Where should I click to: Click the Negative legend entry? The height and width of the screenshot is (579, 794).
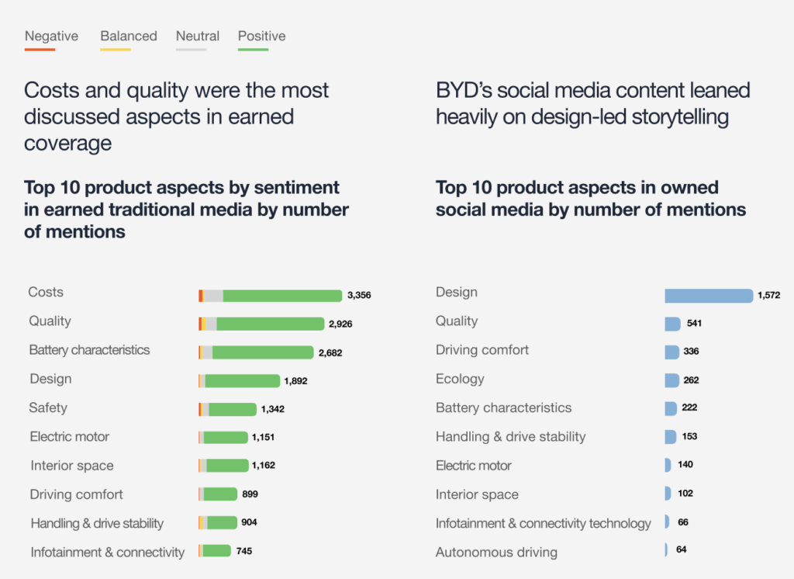coord(51,36)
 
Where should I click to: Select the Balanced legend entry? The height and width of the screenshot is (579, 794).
coord(129,36)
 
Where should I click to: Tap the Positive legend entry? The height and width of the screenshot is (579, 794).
coord(261,36)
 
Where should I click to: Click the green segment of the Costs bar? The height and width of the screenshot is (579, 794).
coord(282,296)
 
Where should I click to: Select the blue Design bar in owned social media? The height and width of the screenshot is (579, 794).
coord(709,296)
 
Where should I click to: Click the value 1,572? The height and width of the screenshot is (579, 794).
coord(768,296)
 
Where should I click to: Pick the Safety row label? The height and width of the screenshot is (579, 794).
coord(48,407)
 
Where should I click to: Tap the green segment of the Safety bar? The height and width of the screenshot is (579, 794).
coord(233,409)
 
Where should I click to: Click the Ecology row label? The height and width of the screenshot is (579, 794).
coord(460,379)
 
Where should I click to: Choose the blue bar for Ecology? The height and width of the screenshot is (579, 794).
coord(671,380)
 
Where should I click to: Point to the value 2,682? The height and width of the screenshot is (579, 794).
coord(330,352)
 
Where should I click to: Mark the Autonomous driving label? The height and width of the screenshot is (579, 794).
coord(496,553)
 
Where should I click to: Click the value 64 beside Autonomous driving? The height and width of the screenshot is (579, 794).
coord(682,550)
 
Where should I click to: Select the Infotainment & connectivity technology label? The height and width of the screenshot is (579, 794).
coord(543,524)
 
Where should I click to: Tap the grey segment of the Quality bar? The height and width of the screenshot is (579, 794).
coord(211,324)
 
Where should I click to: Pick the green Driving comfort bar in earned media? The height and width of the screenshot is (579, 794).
coord(221,494)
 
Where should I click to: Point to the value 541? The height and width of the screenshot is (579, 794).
coord(694,324)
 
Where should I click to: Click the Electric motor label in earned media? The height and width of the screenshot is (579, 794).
coord(70,437)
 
